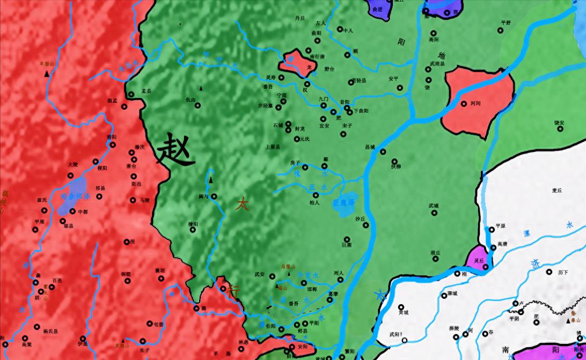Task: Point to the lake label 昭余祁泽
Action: click(75, 197)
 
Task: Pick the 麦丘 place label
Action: click(556, 190)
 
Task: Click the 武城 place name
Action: click(434, 205)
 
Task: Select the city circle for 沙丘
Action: click(365, 225)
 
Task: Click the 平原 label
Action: click(500, 226)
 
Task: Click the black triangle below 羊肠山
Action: click(47, 72)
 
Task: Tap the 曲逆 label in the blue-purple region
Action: click(378, 9)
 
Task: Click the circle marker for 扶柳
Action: click(394, 161)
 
